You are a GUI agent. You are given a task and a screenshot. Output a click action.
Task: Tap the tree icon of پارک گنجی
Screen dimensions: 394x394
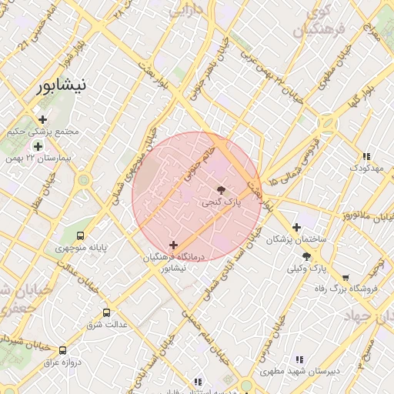(222, 189)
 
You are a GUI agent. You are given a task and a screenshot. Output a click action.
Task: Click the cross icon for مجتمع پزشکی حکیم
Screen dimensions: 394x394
(42, 119)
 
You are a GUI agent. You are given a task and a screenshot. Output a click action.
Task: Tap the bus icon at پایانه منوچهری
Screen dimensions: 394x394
(81, 236)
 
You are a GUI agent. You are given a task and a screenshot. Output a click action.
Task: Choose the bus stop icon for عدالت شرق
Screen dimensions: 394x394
(106, 312)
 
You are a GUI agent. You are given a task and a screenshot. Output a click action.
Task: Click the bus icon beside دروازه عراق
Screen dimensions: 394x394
(62, 350)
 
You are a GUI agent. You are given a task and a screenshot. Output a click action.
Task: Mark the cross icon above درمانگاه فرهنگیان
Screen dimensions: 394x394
(173, 245)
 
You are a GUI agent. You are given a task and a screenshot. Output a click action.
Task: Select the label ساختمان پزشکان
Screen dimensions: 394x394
(296, 240)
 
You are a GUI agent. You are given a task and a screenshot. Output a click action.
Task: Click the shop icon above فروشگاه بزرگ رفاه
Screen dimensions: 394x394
(346, 277)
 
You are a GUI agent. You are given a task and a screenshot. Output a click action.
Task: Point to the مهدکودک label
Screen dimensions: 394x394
(366, 167)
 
